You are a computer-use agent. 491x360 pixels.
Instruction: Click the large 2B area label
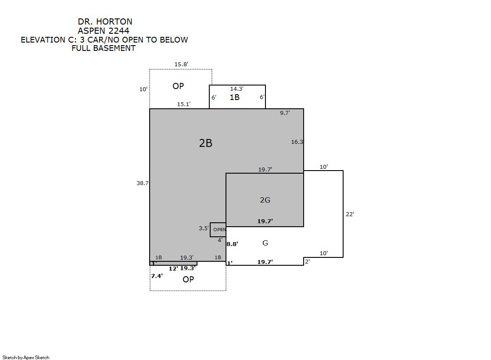point(206,143)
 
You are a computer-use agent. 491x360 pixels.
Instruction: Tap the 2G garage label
point(265,200)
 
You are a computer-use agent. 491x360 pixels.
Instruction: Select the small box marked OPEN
point(218,230)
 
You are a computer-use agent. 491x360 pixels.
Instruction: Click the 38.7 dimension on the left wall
point(143,183)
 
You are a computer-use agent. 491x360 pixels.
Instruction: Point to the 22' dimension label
point(350,214)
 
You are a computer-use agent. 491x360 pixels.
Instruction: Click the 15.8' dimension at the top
point(181,64)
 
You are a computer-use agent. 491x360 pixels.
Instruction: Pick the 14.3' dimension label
point(237,89)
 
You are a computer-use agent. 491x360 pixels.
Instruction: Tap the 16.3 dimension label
point(297,142)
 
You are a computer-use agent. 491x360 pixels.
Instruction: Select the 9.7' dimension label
point(285,113)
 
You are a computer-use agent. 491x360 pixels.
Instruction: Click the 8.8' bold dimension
point(233,244)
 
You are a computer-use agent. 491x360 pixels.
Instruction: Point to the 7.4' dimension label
point(157,276)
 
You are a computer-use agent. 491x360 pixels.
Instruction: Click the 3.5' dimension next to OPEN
point(204,228)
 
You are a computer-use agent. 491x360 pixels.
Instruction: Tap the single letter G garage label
point(265,243)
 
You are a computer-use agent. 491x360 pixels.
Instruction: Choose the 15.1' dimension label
point(184,104)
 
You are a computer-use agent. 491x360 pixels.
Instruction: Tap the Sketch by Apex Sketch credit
point(26,357)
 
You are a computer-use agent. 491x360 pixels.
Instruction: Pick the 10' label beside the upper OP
point(143,89)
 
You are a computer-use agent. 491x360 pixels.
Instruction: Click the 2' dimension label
point(308,261)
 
